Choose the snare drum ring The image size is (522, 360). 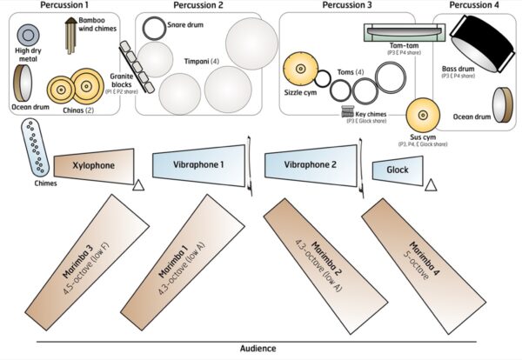(154, 27)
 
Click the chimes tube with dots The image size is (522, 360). (37, 147)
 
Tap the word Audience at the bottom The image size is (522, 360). (258, 349)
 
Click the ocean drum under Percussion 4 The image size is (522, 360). (502, 102)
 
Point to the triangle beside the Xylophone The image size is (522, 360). (137, 184)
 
